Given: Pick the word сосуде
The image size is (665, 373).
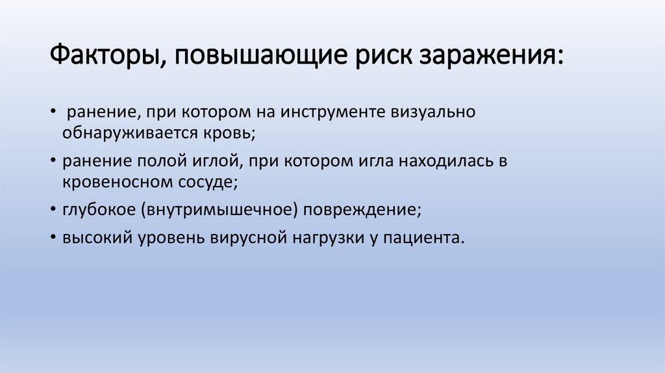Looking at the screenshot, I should point(205,181).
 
